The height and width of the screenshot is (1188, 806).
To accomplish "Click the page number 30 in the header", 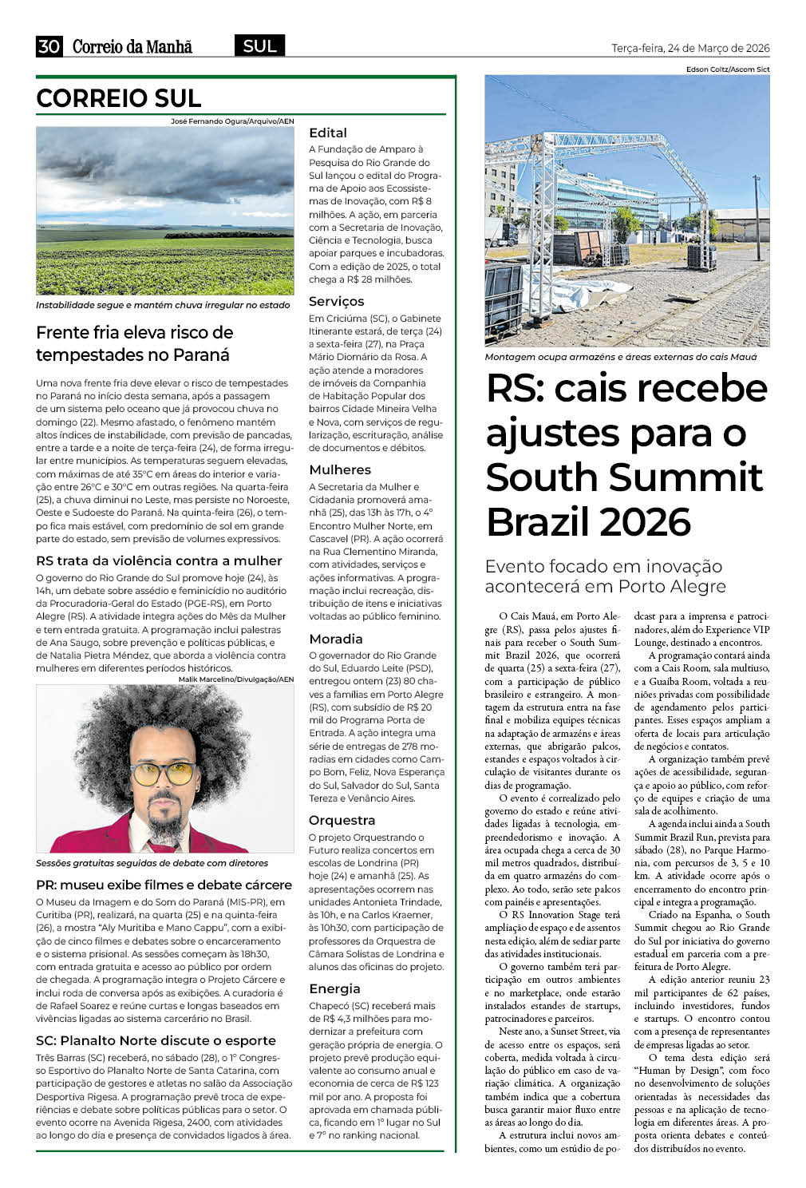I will pyautogui.click(x=49, y=46).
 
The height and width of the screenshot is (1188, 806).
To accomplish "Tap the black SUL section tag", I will pyautogui.click(x=259, y=46).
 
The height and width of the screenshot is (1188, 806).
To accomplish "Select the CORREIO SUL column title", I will pyautogui.click(x=118, y=98).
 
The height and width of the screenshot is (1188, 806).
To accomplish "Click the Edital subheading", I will pyautogui.click(x=328, y=133).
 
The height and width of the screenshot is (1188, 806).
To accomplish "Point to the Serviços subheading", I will pyautogui.click(x=336, y=301).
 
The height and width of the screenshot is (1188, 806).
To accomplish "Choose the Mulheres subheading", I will pyautogui.click(x=340, y=469).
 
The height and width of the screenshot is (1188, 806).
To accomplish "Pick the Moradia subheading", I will pyautogui.click(x=335, y=639).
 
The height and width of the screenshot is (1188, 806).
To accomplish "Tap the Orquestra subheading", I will pyautogui.click(x=342, y=820).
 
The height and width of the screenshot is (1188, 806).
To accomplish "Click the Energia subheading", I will pyautogui.click(x=334, y=988).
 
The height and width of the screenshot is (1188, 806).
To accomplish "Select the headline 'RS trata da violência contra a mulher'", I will pyautogui.click(x=159, y=560).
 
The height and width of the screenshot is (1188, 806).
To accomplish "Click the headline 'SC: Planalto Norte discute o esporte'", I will pyautogui.click(x=156, y=1040).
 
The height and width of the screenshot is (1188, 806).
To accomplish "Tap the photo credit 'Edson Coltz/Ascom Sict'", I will pyautogui.click(x=727, y=69).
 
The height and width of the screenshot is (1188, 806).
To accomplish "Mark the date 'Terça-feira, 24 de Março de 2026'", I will pyautogui.click(x=690, y=48).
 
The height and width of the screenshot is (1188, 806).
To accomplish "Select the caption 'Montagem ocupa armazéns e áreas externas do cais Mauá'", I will pyautogui.click(x=620, y=357).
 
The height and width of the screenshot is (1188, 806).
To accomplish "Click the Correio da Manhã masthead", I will pyautogui.click(x=132, y=47).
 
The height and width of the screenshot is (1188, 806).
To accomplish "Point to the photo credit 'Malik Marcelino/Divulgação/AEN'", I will pyautogui.click(x=236, y=679).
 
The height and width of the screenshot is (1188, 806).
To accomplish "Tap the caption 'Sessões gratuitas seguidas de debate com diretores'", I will pyautogui.click(x=152, y=863).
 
